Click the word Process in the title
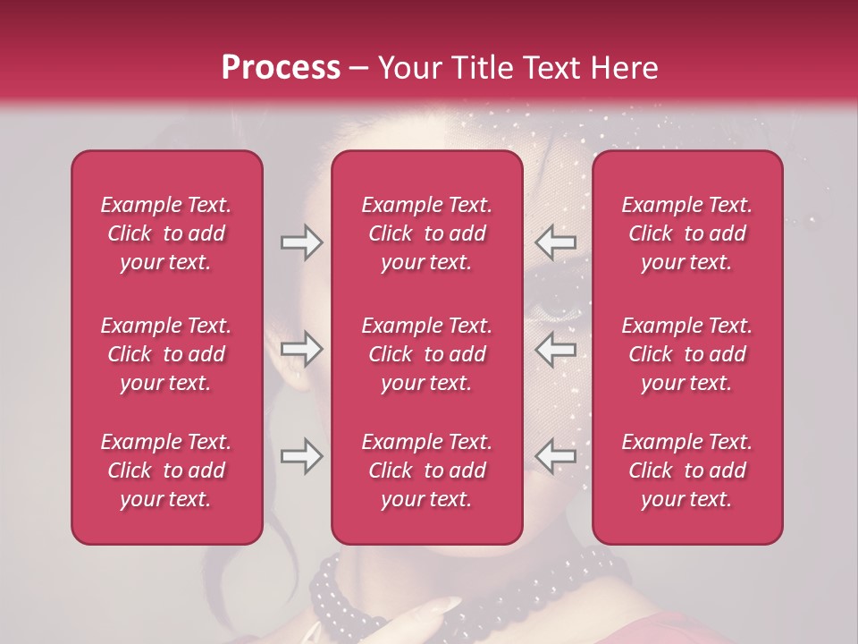[x=281, y=68]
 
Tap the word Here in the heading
[x=623, y=68]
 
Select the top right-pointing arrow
[x=301, y=242]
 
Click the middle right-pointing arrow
[x=301, y=349]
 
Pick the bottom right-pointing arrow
[x=301, y=456]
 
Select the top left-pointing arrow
[x=556, y=242]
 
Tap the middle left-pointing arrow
[x=556, y=349]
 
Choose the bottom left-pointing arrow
[x=556, y=456]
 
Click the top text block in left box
[x=166, y=233]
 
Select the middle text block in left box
[x=166, y=354]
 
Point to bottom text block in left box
[x=166, y=470]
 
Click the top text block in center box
[x=427, y=233]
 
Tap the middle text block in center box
[x=427, y=354]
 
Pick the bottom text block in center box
[x=427, y=470]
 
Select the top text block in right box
[x=687, y=233]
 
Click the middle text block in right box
[x=687, y=354]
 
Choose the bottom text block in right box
[x=687, y=470]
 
